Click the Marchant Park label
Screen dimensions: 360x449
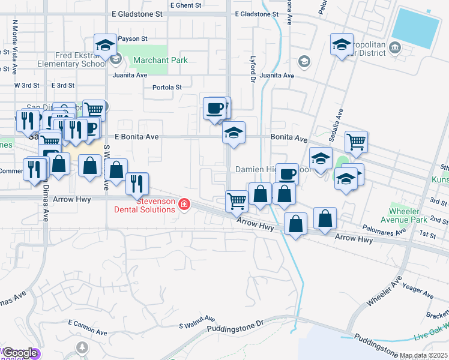point(160,60)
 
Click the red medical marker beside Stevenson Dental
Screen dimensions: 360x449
point(183,205)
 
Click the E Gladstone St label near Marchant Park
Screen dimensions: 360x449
point(137,13)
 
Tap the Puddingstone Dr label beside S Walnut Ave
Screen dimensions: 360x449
point(235,327)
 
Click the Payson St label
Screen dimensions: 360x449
point(133,38)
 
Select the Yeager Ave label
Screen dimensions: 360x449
point(418,291)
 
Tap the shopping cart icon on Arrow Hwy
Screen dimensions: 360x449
point(237,200)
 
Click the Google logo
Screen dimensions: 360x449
point(20,353)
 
